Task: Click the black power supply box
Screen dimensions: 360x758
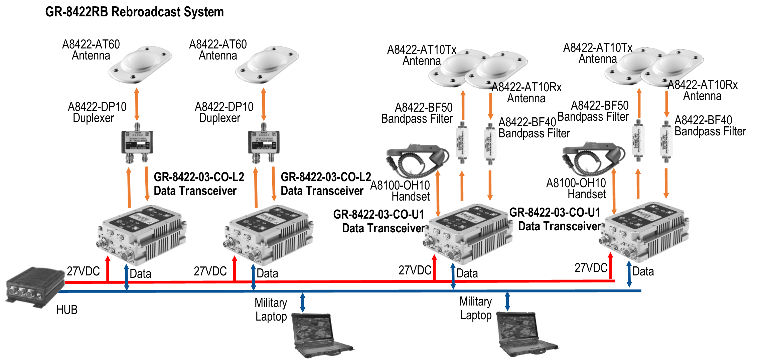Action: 35,286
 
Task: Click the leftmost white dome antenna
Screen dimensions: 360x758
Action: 140,65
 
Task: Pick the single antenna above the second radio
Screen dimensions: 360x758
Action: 267,65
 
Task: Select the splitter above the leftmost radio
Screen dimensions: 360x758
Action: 137,143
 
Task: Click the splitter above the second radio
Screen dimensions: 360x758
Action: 263,143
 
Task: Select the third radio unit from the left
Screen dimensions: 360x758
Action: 468,234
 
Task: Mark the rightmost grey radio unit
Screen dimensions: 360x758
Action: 644,232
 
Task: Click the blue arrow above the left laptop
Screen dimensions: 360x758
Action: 303,303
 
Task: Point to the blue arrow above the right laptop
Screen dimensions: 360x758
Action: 507,302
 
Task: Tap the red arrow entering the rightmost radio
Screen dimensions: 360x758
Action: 610,266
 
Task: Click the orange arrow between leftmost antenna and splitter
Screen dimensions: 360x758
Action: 137,104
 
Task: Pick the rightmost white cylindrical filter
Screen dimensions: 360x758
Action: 666,141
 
